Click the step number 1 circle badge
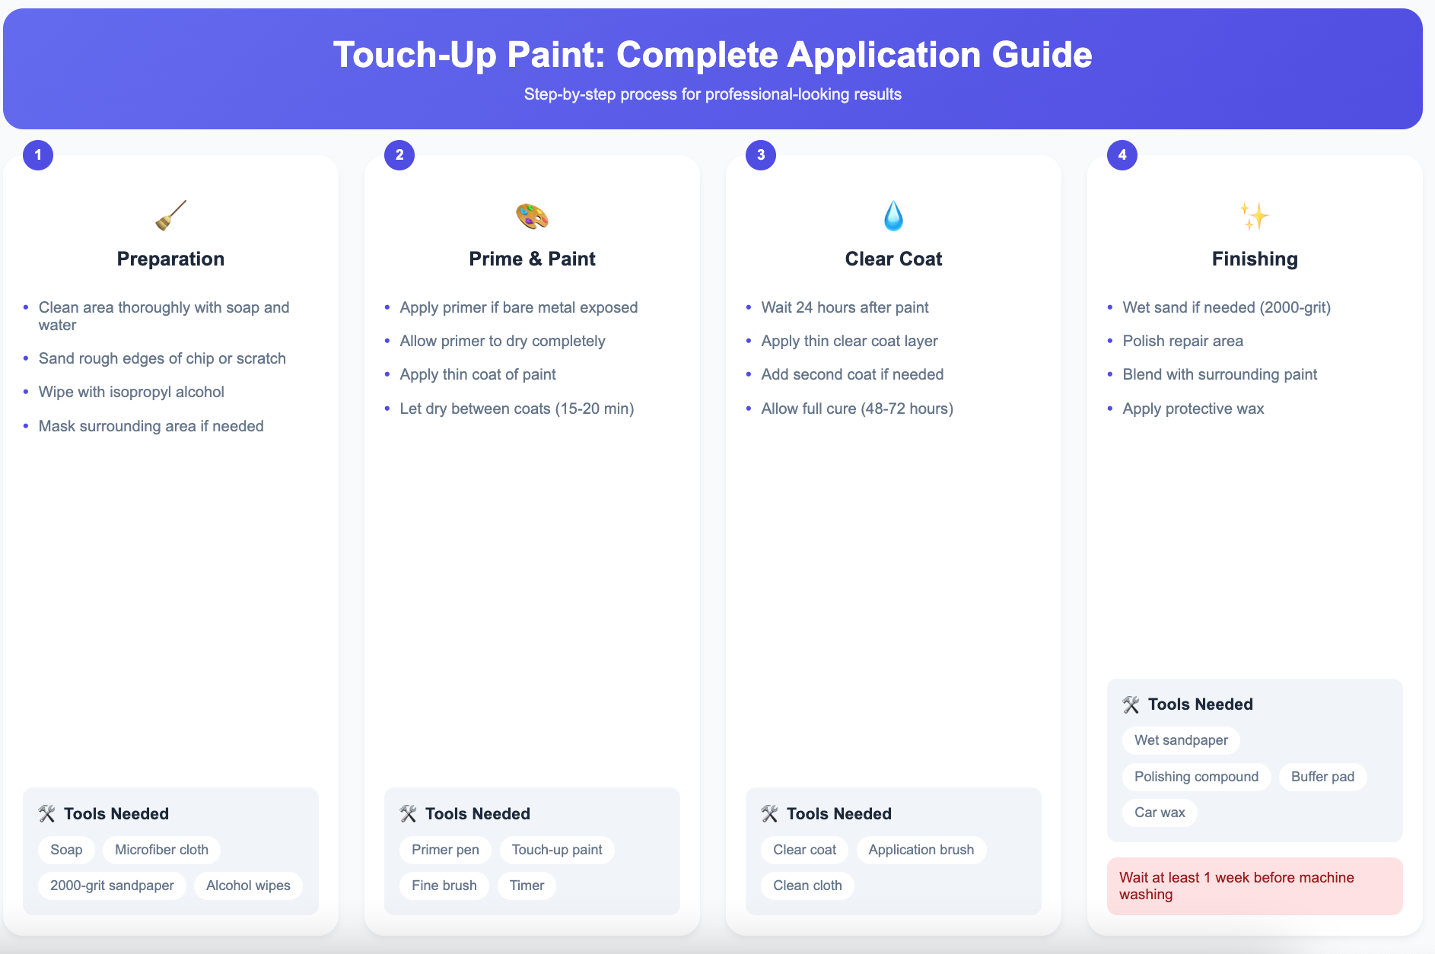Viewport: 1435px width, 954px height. [x=38, y=155]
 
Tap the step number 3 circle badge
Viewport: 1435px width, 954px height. [x=761, y=155]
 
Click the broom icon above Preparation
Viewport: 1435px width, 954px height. [x=170, y=215]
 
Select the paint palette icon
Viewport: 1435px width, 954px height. [x=532, y=216]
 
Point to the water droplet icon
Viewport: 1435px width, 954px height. [x=893, y=216]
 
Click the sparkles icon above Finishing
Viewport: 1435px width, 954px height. [x=1255, y=216]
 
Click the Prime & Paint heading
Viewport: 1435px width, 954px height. [x=532, y=259]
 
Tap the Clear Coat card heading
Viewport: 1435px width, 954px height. [x=893, y=259]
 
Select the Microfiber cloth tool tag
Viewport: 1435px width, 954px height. [x=161, y=850]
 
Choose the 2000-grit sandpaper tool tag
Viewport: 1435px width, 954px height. [x=112, y=886]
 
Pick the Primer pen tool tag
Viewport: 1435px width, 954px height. [x=445, y=850]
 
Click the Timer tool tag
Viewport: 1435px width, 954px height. [x=527, y=886]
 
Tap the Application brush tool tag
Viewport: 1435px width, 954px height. [x=921, y=850]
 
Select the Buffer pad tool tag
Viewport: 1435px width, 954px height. [x=1322, y=777]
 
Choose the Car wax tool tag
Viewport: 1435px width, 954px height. [x=1160, y=812]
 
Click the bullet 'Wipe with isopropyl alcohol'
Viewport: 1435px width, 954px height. [x=131, y=392]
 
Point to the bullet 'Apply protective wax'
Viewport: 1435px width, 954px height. [x=1193, y=409]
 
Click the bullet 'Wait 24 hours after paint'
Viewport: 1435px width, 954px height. [x=845, y=307]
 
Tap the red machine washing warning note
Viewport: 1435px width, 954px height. [x=1255, y=886]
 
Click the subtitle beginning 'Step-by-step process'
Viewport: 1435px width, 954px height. [x=712, y=94]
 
